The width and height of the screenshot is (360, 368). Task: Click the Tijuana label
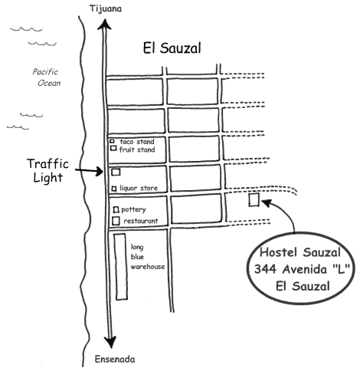coord(106,9)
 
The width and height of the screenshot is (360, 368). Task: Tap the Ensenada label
coord(115,359)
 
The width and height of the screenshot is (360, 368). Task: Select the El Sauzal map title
coord(172,48)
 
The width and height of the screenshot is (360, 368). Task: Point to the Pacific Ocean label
coord(47,77)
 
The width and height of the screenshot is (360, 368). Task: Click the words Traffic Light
coord(47,170)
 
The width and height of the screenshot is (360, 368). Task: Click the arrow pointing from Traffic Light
coord(89,171)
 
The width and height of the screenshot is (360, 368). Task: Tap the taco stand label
coord(137,142)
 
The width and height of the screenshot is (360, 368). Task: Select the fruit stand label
coord(137,149)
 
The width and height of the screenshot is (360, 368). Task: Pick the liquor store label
coord(139,188)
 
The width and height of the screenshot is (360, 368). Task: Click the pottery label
coord(133,210)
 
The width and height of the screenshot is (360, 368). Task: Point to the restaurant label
coord(141,221)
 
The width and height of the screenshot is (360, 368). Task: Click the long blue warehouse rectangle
coord(121,267)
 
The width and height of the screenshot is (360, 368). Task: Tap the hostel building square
coord(254,199)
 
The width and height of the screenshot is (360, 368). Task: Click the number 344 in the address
coord(265,269)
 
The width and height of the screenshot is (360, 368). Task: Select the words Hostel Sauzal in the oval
coord(300,252)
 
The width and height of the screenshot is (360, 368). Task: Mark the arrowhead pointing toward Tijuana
coord(104,25)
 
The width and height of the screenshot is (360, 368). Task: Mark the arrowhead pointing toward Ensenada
coord(110,342)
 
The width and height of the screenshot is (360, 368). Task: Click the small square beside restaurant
coord(116,221)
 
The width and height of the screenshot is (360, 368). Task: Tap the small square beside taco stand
coord(112,141)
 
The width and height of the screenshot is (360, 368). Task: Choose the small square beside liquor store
coord(114,189)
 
